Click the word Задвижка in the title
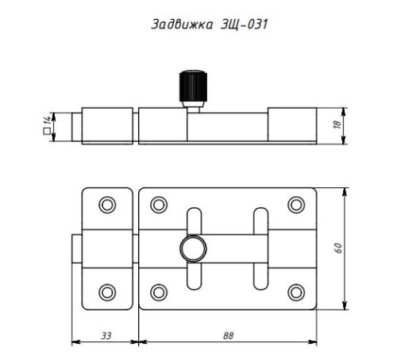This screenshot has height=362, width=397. (x=182, y=25)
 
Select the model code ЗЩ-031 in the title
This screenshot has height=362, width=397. (x=244, y=25)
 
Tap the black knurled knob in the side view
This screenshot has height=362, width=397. (x=193, y=86)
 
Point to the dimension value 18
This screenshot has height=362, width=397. (x=337, y=125)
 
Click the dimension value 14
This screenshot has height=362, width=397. (x=47, y=120)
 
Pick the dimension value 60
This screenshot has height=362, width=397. (x=338, y=248)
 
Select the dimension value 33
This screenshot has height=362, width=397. (x=106, y=336)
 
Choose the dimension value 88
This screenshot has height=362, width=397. (x=228, y=336)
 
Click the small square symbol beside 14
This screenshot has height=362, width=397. (x=47, y=131)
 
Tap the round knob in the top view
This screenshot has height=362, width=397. (x=193, y=248)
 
